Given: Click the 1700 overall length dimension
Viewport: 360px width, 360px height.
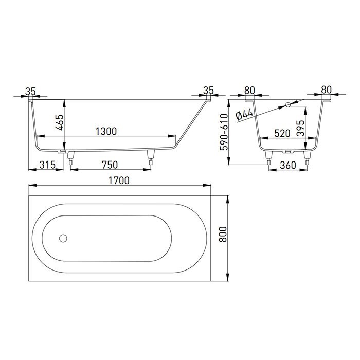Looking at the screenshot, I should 119,181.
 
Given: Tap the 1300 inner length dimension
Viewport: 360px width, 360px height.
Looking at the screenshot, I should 106,131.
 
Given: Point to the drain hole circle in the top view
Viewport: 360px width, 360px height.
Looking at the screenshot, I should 63,238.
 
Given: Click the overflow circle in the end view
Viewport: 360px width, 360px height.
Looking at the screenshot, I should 288,105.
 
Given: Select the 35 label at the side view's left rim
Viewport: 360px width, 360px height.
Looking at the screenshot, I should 30,91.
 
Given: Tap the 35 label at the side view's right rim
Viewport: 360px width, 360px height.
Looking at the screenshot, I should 208,91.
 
